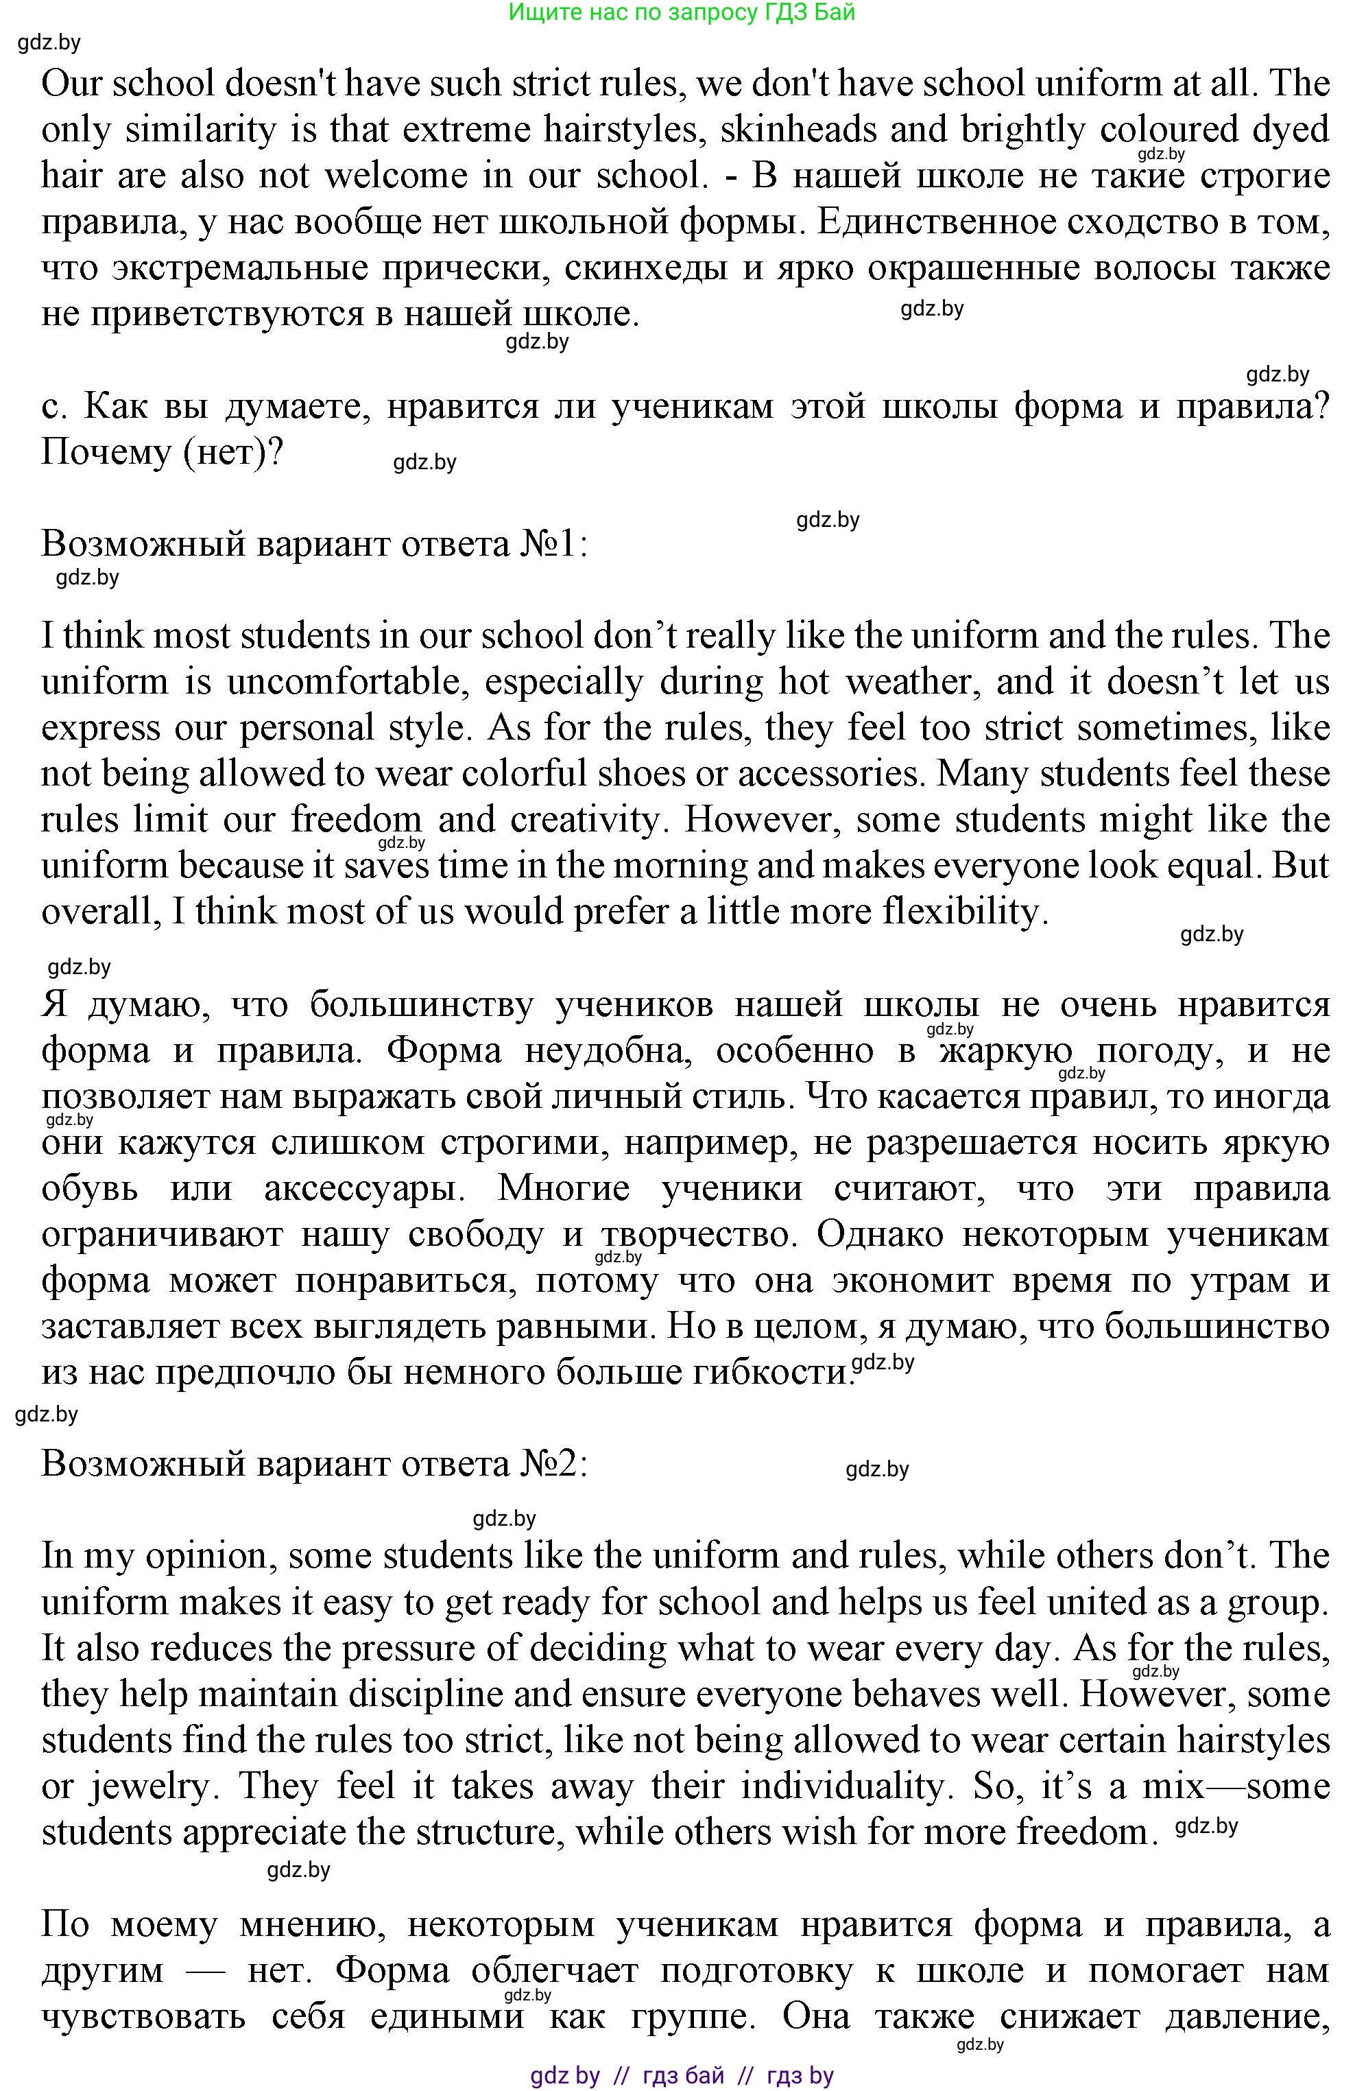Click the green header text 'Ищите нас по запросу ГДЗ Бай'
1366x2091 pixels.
click(x=682, y=12)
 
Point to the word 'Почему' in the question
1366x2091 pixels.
click(x=106, y=453)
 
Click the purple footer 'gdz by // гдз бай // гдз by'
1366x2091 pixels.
click(x=682, y=2075)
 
